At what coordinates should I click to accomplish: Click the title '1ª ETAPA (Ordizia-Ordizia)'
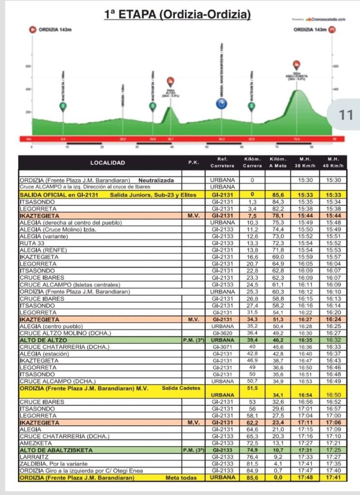178,15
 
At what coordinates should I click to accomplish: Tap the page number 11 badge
346,115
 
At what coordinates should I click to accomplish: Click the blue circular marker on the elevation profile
221,104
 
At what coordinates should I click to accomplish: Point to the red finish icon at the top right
332,30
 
